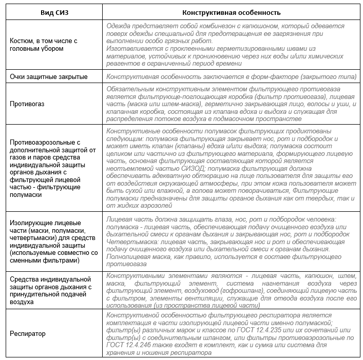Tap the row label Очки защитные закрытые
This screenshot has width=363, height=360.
point(49,76)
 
